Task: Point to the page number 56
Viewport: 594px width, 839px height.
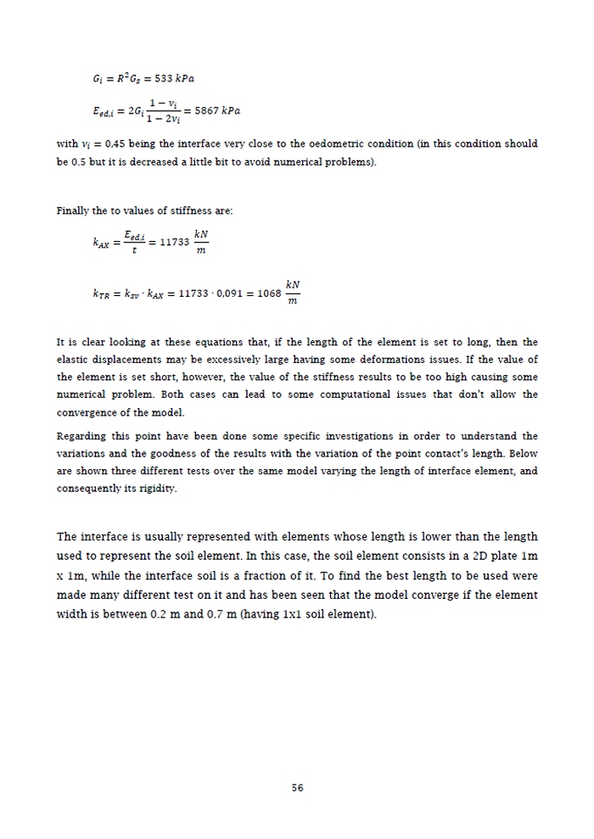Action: tap(297, 787)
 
